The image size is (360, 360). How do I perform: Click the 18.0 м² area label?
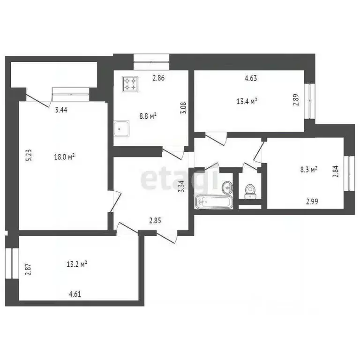(x=65, y=157)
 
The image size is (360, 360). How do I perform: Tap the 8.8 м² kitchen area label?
(x=148, y=116)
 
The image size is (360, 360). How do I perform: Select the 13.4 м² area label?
(x=248, y=100)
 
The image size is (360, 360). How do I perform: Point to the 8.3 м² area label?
(x=309, y=169)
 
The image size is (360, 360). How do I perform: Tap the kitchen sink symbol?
(x=122, y=127)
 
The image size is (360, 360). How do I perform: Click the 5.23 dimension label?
(x=29, y=155)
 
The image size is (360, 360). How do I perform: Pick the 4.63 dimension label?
(x=251, y=79)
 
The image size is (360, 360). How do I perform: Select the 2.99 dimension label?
(x=313, y=202)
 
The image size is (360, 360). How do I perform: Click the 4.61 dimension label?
(x=76, y=294)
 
